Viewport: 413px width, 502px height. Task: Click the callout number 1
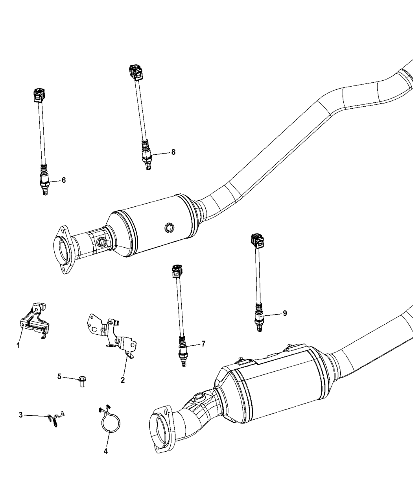[18, 345]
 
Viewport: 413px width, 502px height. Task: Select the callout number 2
[123, 380]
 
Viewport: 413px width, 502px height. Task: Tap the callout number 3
[20, 415]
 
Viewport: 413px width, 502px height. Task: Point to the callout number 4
[105, 451]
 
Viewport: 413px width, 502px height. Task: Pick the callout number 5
[59, 376]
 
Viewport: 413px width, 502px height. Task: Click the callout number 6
[63, 180]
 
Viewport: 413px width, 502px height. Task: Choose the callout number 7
[203, 344]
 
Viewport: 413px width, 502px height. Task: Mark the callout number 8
[173, 152]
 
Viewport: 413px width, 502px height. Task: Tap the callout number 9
[284, 313]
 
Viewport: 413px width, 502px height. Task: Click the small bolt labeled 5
[82, 381]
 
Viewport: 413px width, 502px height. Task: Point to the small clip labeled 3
[55, 417]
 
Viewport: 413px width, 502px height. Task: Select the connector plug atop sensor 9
[256, 241]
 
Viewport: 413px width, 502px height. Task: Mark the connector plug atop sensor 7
[177, 271]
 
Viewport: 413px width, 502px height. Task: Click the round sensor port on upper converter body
[170, 227]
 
